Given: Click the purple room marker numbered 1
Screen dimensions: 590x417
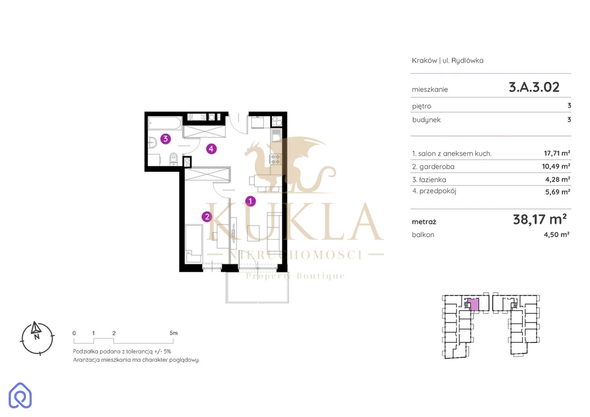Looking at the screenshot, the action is [x=251, y=201].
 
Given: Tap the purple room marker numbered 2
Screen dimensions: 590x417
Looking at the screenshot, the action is [x=207, y=217].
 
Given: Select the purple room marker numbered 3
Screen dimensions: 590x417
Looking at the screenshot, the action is [x=165, y=139].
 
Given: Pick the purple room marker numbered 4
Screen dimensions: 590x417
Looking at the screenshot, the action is [x=211, y=149].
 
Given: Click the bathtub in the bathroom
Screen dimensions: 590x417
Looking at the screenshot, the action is [x=165, y=123].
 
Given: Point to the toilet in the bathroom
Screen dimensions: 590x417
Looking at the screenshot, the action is [x=173, y=159].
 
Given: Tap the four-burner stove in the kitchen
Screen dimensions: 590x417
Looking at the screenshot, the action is [x=275, y=158].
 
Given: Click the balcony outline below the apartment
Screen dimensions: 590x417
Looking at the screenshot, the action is [x=258, y=287].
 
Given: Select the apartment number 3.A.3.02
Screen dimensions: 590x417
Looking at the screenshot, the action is [x=534, y=87].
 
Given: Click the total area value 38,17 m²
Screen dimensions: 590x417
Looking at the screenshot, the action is [x=540, y=219].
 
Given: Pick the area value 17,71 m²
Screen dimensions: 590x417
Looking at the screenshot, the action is [x=557, y=153].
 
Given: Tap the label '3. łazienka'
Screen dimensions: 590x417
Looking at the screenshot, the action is [x=429, y=180].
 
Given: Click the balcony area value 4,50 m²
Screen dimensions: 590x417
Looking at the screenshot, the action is [x=557, y=234].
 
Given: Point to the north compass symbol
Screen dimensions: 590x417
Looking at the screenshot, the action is [x=37, y=338].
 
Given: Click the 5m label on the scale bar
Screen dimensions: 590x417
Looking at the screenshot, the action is [x=173, y=333].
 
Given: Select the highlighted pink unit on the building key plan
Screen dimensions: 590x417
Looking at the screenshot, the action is [x=475, y=304].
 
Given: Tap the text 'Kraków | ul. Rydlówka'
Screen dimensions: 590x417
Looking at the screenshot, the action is [x=448, y=60].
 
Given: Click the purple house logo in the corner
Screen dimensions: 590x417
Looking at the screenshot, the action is [x=20, y=395].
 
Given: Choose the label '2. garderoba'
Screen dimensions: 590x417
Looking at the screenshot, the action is [x=433, y=166].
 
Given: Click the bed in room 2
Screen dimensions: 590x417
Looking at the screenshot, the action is [x=194, y=244].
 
